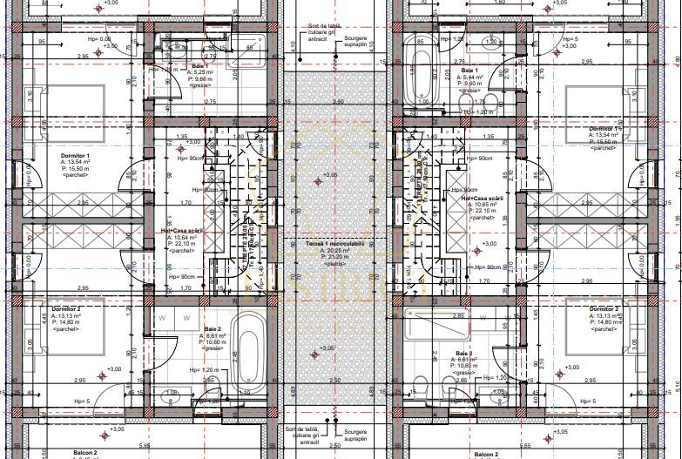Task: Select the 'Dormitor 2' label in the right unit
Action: coord(604,309)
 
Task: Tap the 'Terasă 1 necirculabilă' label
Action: coord(328,242)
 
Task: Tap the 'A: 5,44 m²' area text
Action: coord(470,77)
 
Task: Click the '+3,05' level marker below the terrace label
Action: coord(327,349)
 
